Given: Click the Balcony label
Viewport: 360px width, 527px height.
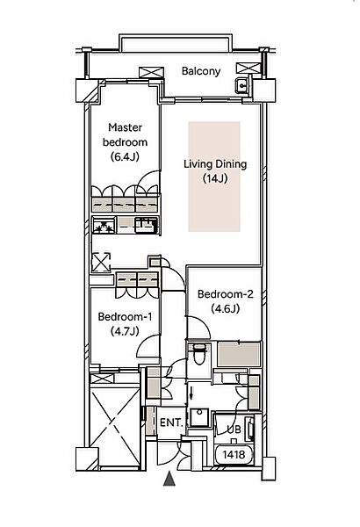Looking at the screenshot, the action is point(201,71).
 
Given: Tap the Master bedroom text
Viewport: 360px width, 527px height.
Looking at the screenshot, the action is point(125,134).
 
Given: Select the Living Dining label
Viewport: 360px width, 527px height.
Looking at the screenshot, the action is point(215,164).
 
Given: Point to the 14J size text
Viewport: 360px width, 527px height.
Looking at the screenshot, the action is point(215,178).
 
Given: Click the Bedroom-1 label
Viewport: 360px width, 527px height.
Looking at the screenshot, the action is point(125,316).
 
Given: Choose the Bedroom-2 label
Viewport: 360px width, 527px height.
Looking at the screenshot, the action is point(225,294).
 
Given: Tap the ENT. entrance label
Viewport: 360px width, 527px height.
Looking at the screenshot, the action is point(171,422).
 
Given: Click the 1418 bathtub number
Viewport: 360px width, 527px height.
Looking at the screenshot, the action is point(234,455).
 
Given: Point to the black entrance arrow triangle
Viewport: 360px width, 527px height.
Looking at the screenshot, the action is point(169,479).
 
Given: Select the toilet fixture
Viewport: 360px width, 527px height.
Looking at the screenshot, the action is point(199,354).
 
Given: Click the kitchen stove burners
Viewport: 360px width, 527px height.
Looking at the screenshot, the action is point(104,226).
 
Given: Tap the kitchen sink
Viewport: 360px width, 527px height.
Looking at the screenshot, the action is point(147,225).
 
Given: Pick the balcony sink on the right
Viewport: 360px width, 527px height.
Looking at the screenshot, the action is point(242,85).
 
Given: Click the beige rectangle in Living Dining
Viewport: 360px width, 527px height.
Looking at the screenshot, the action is point(214,177).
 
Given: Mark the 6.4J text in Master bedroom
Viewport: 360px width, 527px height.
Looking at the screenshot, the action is point(125,156).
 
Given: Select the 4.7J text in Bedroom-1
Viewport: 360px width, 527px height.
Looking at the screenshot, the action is point(125,331).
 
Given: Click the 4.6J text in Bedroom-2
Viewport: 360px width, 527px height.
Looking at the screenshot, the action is point(225,308).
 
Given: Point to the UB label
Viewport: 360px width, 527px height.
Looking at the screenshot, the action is point(234,430).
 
